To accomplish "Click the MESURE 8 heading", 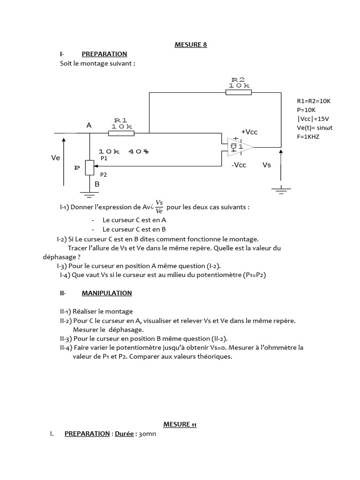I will [190, 45].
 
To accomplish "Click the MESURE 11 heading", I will [180, 424].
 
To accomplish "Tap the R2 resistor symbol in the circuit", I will [239, 92].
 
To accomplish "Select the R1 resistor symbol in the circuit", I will [121, 133].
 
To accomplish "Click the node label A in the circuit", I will [89, 126].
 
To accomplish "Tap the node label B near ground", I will [97, 184].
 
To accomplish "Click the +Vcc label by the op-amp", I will [249, 132].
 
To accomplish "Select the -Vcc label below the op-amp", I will [239, 165].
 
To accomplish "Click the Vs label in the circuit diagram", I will [267, 165].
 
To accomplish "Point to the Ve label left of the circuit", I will [56, 158].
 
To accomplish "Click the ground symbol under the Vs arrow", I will [281, 189].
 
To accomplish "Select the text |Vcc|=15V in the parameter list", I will [313, 119].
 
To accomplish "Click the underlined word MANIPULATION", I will [107, 293].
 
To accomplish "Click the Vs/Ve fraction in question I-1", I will [159, 207].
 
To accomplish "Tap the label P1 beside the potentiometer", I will [104, 158].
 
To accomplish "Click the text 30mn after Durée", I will [147, 434].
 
